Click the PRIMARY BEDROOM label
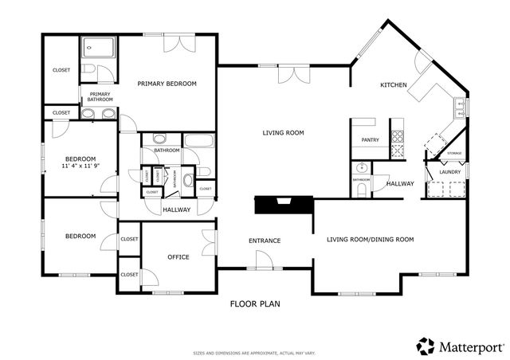[167, 84]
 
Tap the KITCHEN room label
[394, 85]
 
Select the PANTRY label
[370, 140]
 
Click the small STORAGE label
[453, 153]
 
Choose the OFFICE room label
[178, 257]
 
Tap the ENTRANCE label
[265, 241]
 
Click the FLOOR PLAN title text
[255, 303]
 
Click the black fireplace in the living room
[282, 205]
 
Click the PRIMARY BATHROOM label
[100, 97]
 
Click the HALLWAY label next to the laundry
[399, 184]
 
